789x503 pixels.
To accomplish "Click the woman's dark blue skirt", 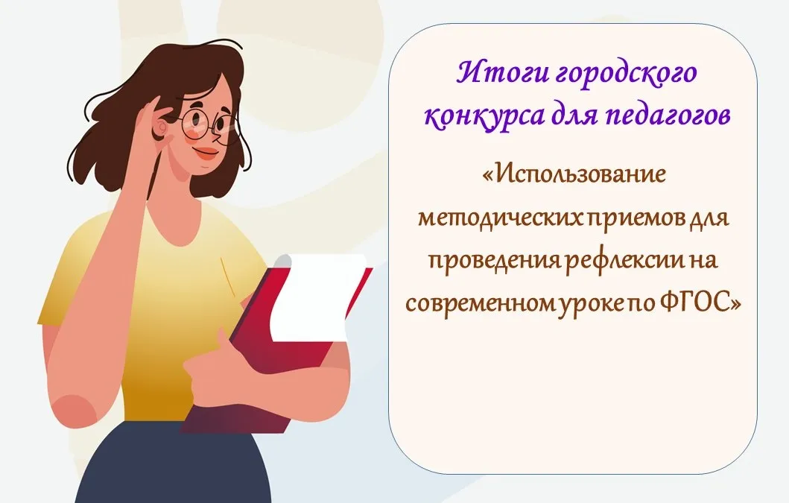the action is coord(171,464).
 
